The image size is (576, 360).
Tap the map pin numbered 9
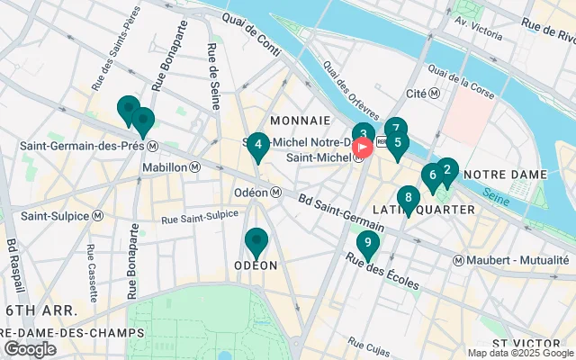(367, 242)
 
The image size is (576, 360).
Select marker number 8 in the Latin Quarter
(409, 198)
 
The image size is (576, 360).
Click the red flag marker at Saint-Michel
(363, 148)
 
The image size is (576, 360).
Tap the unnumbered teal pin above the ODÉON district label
(256, 241)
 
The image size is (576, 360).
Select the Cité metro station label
(422, 93)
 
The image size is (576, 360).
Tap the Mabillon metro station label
(195, 166)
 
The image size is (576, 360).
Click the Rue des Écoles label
(382, 270)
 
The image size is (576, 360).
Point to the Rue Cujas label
(369, 346)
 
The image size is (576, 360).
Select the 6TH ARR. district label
(39, 310)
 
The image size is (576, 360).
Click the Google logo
(30, 349)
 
